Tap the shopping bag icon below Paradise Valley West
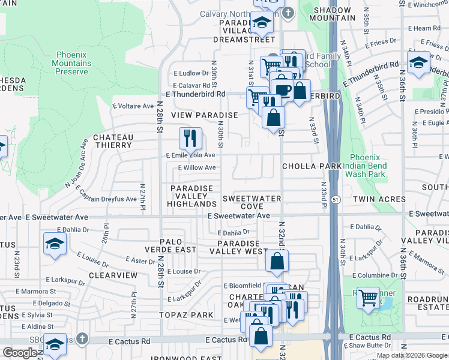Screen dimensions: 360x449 coord(277,262)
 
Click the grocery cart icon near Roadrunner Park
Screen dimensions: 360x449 coord(368,297)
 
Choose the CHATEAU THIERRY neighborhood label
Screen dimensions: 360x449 coord(112,141)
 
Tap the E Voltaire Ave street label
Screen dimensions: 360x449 coord(133,106)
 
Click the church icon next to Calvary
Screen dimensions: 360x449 coord(288,12)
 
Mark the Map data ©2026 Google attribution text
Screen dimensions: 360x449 coord(412,355)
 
